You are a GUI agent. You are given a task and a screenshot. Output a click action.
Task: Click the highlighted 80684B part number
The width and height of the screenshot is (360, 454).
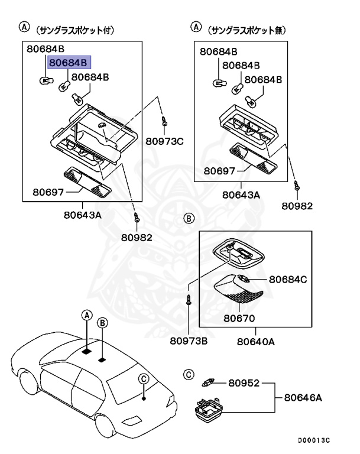pos(68,63)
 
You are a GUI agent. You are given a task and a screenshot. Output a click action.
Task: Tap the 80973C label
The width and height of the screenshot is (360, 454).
pos(164,141)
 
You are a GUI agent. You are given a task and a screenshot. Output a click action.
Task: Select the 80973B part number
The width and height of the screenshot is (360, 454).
pos(189,340)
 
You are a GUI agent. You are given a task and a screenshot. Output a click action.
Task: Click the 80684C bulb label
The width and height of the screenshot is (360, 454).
pos(288,280)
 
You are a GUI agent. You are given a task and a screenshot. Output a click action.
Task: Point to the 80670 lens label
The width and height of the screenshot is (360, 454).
pos(239,318)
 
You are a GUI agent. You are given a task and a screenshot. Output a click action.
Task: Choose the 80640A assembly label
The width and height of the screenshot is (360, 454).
pos(256,342)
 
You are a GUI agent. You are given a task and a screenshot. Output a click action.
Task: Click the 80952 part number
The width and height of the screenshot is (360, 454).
pos(244,383)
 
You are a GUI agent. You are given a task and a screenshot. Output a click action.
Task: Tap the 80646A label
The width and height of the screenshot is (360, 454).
pos(303,397)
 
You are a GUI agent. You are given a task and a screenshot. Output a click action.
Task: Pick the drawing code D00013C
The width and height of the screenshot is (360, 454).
pos(314,440)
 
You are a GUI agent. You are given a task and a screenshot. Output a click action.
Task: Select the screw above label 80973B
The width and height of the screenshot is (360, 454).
pos(189,299)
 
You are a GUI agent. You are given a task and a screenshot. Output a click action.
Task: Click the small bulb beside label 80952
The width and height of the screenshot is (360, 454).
pos(208,382)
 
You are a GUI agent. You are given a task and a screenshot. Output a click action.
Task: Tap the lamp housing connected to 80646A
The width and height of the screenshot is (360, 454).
pos(209,409)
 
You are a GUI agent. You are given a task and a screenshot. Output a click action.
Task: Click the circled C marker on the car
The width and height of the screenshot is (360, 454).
pos(144,378)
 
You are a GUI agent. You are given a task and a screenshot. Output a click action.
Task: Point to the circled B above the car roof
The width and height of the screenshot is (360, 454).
pos(102,323)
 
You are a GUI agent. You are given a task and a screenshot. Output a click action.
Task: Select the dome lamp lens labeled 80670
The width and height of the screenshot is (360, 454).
pos(238,288)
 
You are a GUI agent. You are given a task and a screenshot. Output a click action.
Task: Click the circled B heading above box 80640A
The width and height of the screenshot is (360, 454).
pos(189,218)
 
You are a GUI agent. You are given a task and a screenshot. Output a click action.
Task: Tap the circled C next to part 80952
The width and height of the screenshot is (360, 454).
pos(189,375)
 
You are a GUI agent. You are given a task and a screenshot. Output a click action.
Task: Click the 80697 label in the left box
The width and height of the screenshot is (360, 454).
pos(48,192)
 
